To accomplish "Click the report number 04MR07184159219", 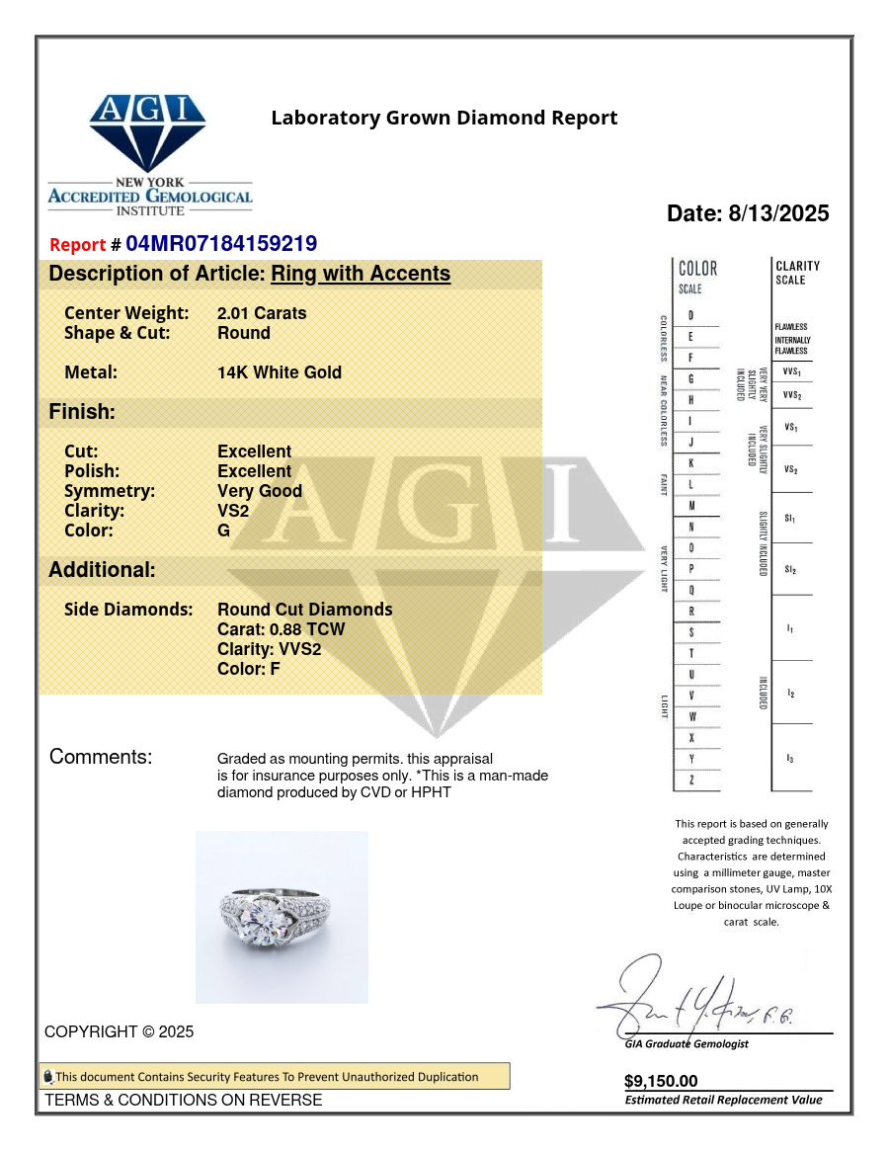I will [221, 244].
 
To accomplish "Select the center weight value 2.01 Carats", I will [262, 313].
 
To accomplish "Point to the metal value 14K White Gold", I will [280, 372].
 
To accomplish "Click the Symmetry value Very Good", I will [260, 491].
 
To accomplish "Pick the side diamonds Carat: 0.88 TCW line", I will [282, 629].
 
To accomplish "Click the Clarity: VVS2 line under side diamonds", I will [269, 649].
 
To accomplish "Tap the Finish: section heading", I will [82, 412].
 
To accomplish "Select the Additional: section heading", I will [102, 570].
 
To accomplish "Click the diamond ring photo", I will [282, 917].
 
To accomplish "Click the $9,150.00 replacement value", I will [661, 1081].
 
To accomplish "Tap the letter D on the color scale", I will [690, 315].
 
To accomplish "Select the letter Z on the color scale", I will [690, 781].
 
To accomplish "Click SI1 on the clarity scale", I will [790, 518].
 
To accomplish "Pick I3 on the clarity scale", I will [790, 758].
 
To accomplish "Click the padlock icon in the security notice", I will [47, 1077].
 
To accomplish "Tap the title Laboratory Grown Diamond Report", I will [444, 119].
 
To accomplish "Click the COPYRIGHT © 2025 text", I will [120, 1031].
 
